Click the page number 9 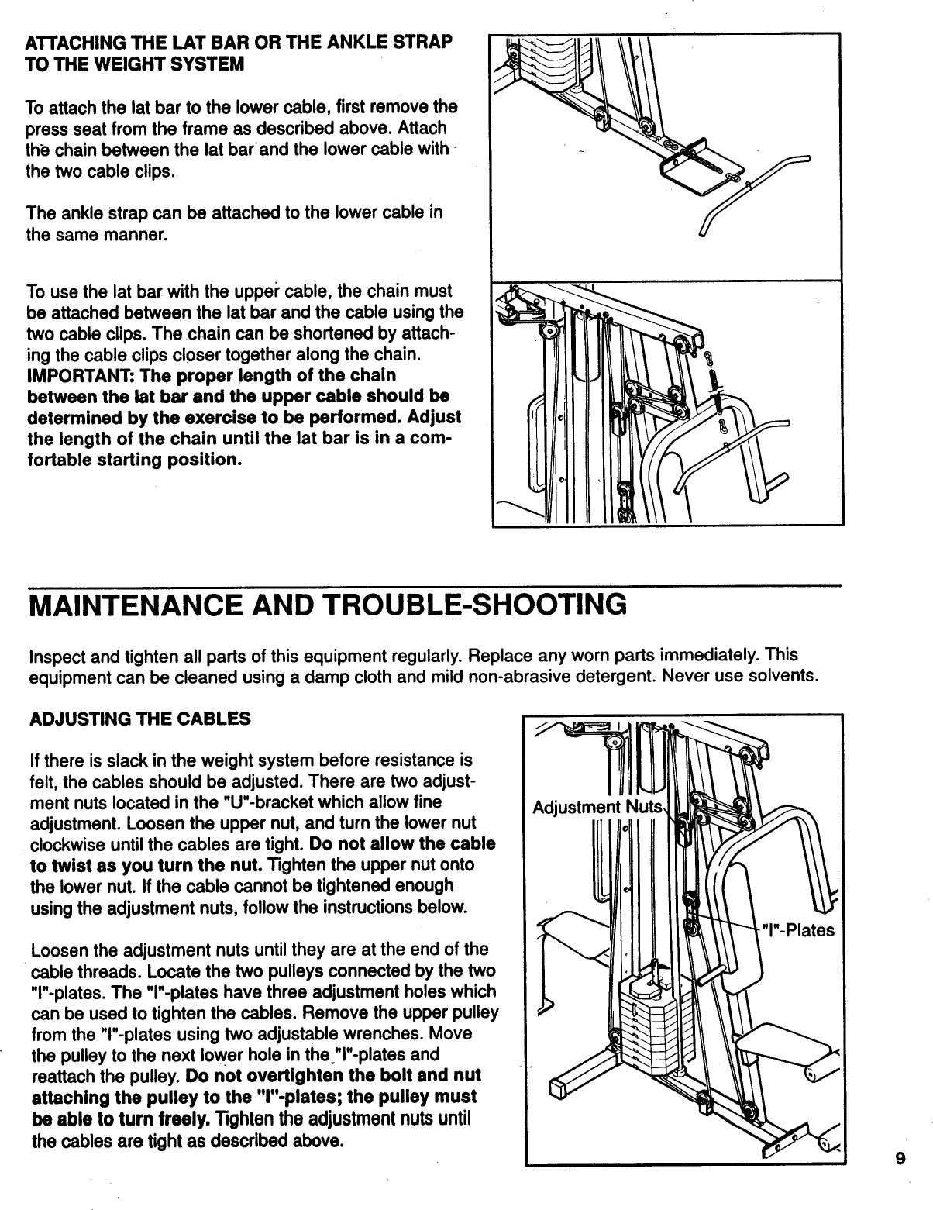900,1181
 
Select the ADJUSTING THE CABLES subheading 139,719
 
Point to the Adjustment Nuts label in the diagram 597,807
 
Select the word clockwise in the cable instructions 66,843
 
